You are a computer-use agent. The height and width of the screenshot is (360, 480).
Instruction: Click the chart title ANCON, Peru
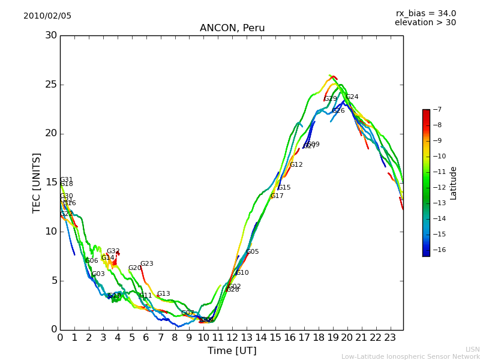pos(232,28)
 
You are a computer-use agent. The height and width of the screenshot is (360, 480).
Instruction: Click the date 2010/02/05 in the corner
pos(47,16)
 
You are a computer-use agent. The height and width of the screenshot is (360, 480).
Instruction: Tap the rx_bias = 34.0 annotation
pos(426,14)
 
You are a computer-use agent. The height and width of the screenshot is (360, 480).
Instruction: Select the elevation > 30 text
pos(425,23)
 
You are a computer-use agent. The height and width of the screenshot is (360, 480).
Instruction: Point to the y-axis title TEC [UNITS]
pos(37,182)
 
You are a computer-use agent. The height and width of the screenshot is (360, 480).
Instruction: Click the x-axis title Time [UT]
pos(232,350)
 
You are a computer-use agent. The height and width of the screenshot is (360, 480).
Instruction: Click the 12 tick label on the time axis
pos(232,337)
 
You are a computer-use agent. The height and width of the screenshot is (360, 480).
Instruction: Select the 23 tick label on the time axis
pos(390,337)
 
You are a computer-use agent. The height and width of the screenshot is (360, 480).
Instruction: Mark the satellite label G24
pos(352,97)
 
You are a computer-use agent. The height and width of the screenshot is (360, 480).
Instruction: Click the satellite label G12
pos(296,165)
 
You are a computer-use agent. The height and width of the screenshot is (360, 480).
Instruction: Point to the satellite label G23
pos(147,264)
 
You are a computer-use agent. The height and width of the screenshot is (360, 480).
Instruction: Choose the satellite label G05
pos(253,252)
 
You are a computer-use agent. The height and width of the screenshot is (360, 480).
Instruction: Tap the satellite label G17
pos(277,196)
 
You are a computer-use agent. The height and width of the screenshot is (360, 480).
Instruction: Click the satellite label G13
pos(164,294)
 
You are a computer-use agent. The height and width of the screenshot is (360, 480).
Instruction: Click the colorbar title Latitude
pos(454,183)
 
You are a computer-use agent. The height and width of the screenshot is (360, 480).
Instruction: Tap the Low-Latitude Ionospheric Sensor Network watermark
pos(410,357)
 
